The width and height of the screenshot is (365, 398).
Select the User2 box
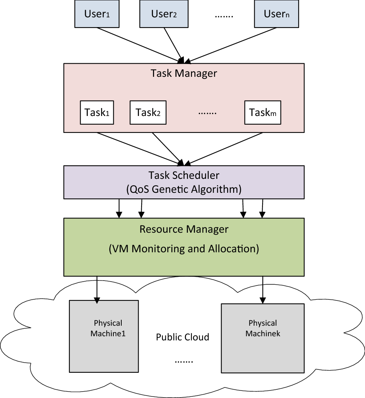click(x=164, y=14)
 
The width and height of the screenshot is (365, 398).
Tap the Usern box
click(x=276, y=14)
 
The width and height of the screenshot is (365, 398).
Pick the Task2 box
click(x=148, y=113)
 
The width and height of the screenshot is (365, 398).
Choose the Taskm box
click(x=263, y=113)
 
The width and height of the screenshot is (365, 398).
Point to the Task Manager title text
click(x=184, y=73)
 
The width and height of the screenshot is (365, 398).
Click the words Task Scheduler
click(x=184, y=175)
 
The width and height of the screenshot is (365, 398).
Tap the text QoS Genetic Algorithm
click(x=184, y=189)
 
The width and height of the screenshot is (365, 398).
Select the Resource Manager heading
click(x=184, y=229)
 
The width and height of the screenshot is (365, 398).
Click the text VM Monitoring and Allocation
click(x=184, y=249)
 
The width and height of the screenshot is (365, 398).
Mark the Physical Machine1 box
click(x=104, y=335)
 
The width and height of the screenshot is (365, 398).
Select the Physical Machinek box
click(x=263, y=338)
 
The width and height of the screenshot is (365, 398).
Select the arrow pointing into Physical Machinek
click(x=263, y=290)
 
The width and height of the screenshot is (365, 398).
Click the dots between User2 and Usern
click(x=224, y=16)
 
